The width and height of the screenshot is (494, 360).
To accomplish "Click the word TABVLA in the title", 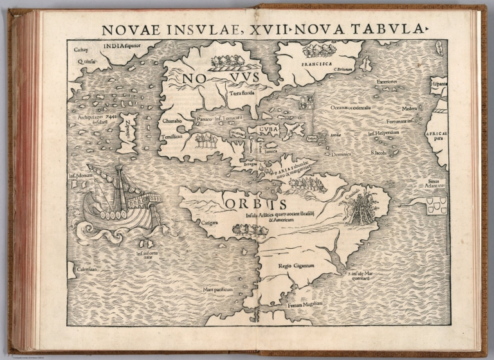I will [x=392, y=28].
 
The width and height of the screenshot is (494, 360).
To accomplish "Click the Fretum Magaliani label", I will [x=304, y=304].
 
